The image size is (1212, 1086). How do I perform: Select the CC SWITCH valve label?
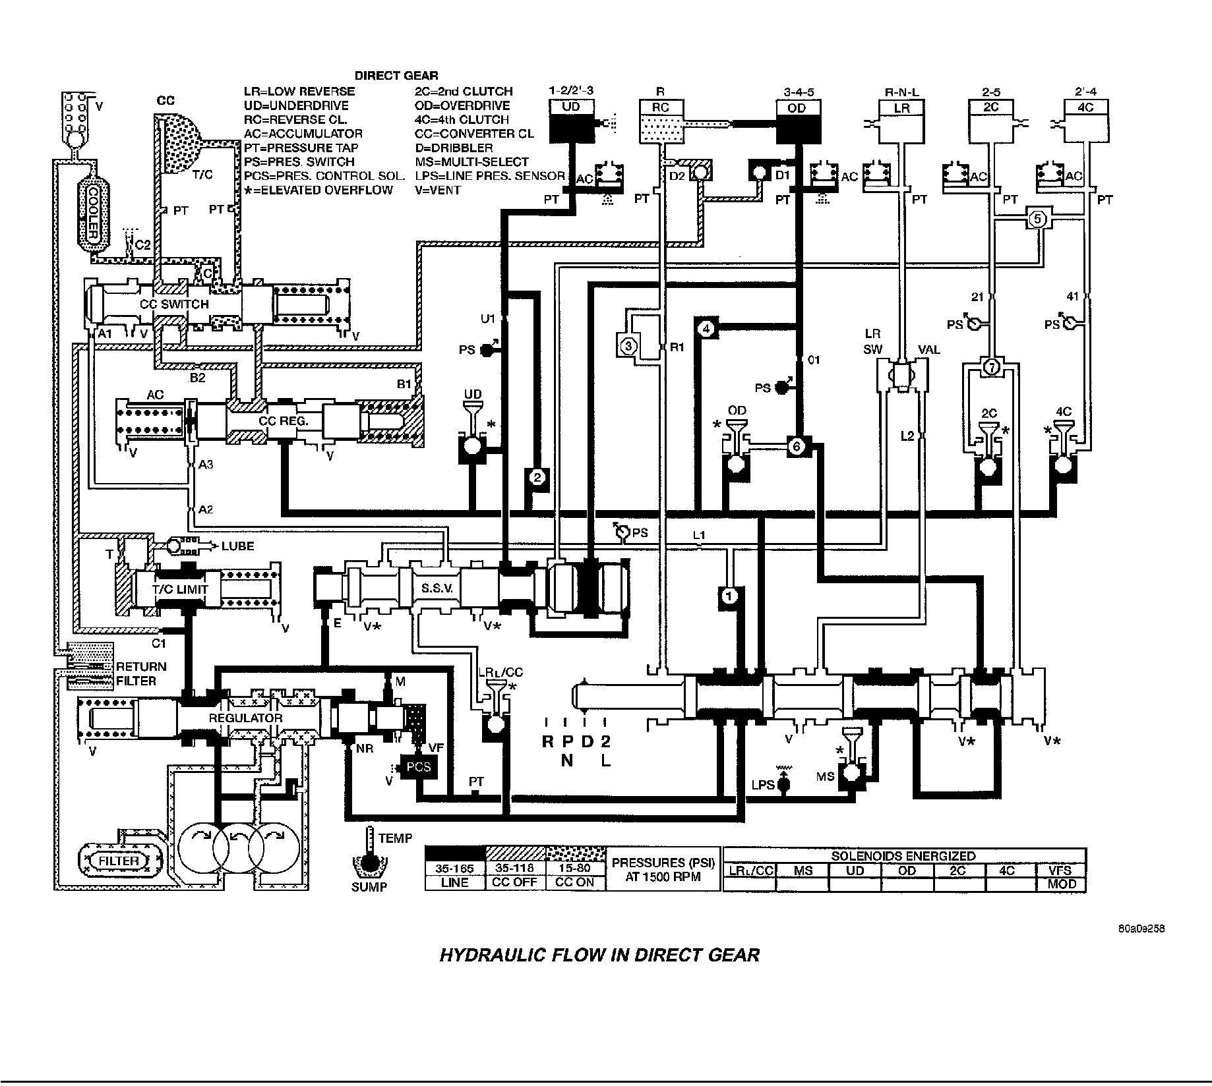click(174, 304)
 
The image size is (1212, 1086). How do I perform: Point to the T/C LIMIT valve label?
click(180, 590)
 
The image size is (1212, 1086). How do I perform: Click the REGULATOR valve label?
click(245, 718)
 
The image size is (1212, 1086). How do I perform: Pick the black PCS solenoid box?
click(419, 767)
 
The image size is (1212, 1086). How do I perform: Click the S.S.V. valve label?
click(437, 588)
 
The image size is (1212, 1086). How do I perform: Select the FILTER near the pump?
click(119, 861)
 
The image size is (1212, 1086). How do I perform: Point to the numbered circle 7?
click(991, 367)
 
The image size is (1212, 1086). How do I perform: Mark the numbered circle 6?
click(796, 447)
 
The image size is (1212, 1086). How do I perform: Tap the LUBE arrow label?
click(237, 546)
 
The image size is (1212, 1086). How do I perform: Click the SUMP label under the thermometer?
click(369, 887)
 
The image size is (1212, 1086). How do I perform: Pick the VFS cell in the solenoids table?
click(1062, 870)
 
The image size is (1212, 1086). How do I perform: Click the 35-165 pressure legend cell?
click(454, 869)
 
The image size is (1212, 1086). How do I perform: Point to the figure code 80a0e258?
click(1141, 929)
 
